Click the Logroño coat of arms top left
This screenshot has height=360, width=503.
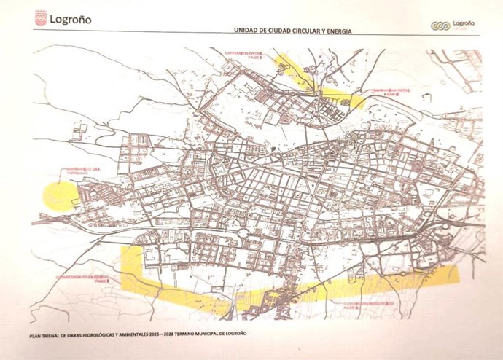(42, 18)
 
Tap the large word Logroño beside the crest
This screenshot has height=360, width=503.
(71, 19)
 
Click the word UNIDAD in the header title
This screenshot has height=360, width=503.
(246, 31)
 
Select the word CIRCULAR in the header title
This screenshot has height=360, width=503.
(310, 31)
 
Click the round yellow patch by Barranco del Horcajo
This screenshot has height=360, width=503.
(60, 195)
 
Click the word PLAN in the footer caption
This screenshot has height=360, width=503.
(37, 334)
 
